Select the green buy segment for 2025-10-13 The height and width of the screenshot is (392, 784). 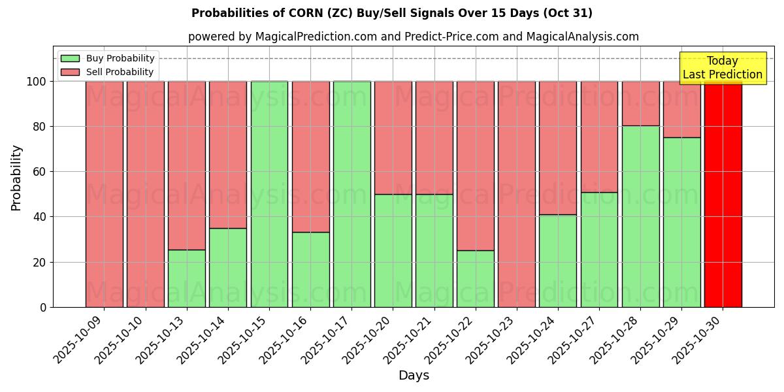coord(187,278)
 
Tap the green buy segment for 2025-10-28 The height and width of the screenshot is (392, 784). coord(640,216)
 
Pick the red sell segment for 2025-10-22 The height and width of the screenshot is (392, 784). coord(476,166)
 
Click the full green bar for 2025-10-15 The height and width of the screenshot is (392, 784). coord(269,194)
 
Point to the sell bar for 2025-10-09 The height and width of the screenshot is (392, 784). coord(105,194)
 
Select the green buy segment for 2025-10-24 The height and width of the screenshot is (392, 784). coord(558,261)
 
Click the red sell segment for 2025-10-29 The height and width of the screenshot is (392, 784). coord(681,109)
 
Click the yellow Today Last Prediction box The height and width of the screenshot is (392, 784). coord(723,68)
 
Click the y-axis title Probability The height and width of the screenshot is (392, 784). coord(16,178)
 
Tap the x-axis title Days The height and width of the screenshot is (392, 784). coord(414,376)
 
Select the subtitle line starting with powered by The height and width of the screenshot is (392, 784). coord(414,37)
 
